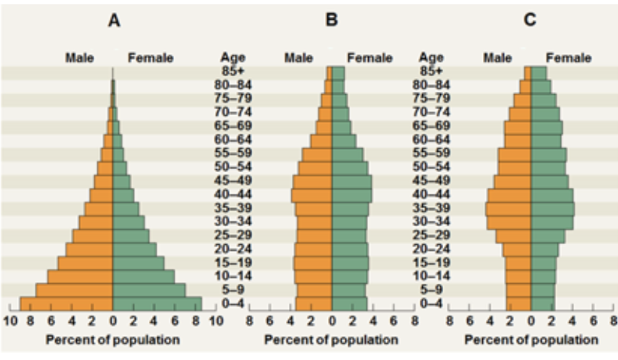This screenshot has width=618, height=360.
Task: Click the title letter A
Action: (x=113, y=20)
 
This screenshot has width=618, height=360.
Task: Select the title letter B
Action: (x=332, y=20)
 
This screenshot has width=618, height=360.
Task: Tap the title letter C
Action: (x=530, y=20)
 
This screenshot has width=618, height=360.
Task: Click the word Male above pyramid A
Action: (x=80, y=58)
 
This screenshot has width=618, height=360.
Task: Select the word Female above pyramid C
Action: (x=568, y=58)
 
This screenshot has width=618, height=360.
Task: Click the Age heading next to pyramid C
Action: (x=431, y=58)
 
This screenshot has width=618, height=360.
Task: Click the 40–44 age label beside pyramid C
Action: (x=431, y=194)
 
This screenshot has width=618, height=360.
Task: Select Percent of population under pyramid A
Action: (x=113, y=340)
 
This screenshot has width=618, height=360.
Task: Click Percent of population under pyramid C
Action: (x=531, y=340)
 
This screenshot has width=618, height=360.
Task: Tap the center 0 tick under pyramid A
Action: (x=113, y=320)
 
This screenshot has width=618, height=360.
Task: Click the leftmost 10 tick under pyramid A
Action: (x=11, y=320)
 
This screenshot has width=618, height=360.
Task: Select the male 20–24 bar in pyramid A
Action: (x=89, y=249)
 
